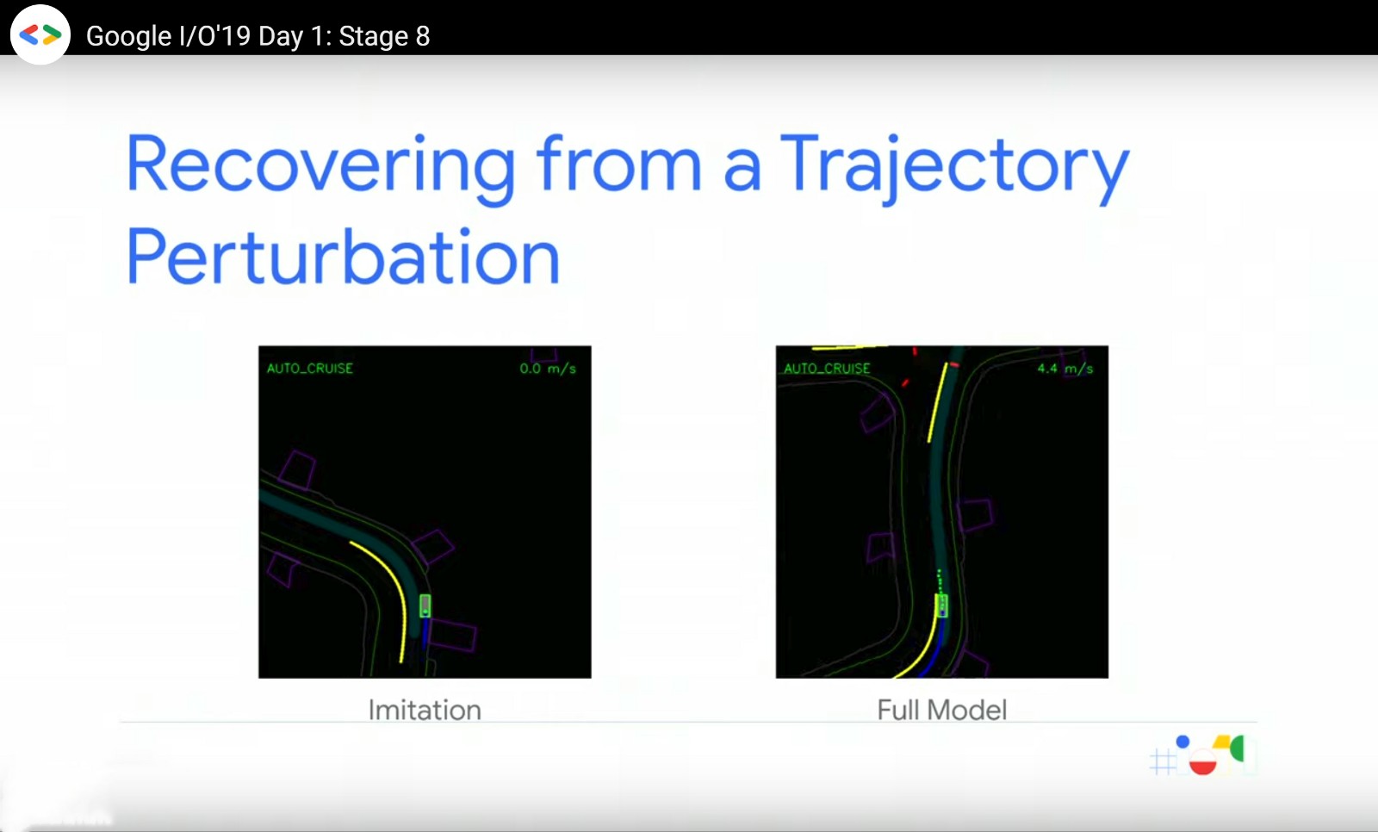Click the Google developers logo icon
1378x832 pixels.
coord(40,34)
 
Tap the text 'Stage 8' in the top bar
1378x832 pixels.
coord(384,36)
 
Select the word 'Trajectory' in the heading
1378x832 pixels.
coord(955,167)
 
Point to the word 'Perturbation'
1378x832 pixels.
coord(344,256)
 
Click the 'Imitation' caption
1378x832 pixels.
coord(425,711)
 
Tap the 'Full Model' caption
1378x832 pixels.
coord(942,711)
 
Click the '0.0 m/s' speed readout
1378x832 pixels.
coord(548,369)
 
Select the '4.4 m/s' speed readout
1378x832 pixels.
coord(1065,369)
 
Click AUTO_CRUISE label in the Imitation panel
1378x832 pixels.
coord(310,369)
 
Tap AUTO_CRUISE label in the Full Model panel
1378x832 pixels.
coord(828,369)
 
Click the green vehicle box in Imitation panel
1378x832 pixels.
coord(425,605)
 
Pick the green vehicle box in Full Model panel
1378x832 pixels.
coord(941,605)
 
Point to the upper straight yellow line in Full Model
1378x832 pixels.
coord(938,403)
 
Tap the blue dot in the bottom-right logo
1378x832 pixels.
coord(1183,742)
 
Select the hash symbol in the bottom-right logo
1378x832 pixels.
coord(1163,762)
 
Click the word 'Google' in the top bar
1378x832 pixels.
coord(128,36)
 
